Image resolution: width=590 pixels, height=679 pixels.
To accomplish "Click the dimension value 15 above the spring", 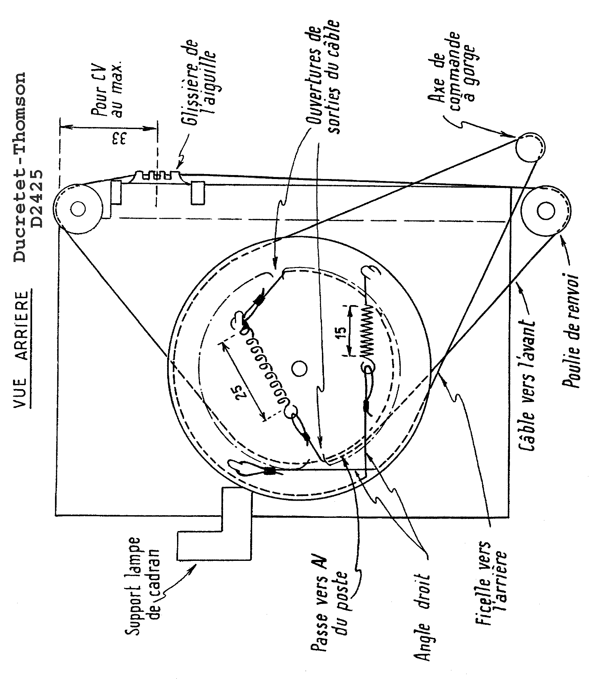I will pyautogui.click(x=342, y=332).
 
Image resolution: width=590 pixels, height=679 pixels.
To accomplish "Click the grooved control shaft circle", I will pyautogui.click(x=529, y=147).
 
